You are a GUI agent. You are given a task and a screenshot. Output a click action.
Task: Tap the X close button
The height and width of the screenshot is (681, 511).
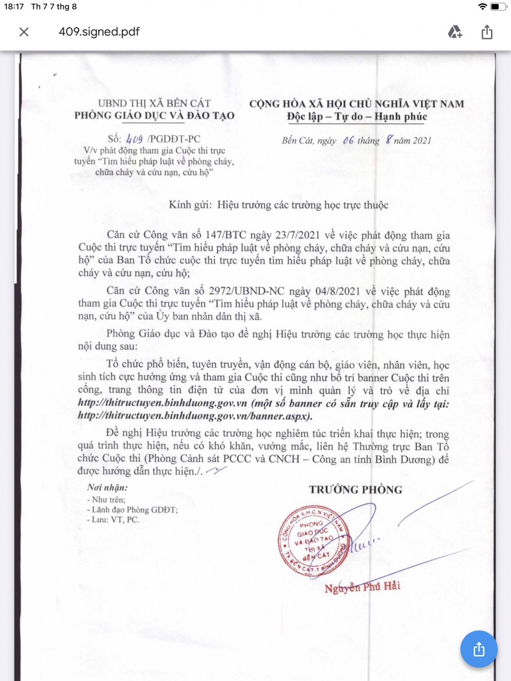coord(24,32)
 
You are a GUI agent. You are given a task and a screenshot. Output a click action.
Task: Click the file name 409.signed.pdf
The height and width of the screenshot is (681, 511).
coord(99,32)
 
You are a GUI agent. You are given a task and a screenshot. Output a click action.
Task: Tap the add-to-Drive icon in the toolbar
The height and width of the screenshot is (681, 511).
coord(455,32)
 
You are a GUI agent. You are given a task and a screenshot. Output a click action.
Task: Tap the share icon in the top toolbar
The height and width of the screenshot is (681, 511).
coord(487,32)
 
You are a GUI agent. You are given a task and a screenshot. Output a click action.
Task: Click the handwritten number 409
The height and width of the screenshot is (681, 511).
coord(134,139)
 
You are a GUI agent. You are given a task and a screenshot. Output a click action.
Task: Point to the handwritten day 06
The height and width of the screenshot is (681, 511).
coord(348,140)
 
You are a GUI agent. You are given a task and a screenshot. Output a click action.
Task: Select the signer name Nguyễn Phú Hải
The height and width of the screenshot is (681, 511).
coord(362,587)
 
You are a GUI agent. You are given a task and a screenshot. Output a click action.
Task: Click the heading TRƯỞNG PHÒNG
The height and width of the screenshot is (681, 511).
coord(356,490)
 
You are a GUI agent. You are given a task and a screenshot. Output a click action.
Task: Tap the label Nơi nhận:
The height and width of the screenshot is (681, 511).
coord(107,488)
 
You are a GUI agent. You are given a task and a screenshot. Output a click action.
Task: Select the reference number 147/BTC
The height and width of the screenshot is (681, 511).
coord(226,235)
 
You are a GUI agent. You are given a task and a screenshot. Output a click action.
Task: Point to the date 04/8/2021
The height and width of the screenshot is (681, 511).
coord(337,291)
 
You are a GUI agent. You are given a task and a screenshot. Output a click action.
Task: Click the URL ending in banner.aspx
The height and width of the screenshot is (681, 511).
coord(194,416)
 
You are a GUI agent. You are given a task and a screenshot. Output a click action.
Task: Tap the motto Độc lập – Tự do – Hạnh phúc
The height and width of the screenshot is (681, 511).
coord(357,117)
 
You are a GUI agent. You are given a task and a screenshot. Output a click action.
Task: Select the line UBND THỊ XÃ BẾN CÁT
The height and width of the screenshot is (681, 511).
coord(154,104)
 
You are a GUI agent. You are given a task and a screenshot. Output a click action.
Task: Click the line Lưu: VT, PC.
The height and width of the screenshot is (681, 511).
coord(114,520)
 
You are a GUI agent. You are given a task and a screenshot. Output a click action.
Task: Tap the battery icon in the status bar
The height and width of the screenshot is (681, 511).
coord(498,6)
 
